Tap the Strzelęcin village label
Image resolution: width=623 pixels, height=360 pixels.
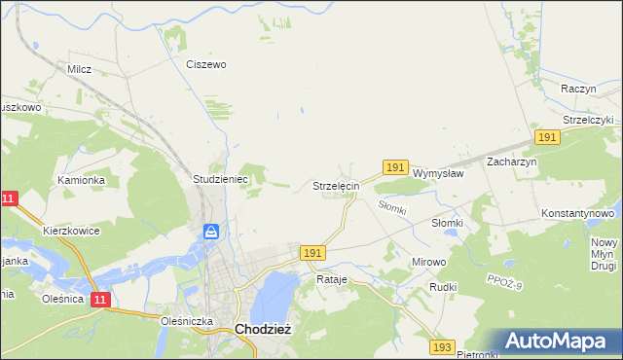tap(337, 185)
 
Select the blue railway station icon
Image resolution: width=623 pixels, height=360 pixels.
tap(211, 232)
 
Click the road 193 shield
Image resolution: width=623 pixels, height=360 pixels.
tap(443, 347)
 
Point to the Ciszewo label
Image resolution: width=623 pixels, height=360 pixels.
tap(206, 65)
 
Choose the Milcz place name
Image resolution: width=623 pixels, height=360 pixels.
tap(79, 70)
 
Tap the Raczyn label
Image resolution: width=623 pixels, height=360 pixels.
tap(578, 88)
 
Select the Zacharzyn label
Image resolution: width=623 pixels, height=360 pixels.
tap(512, 162)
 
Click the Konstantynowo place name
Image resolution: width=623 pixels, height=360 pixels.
tap(578, 212)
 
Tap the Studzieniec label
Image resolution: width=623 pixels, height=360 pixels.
tap(222, 180)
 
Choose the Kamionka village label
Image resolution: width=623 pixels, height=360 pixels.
tap(81, 180)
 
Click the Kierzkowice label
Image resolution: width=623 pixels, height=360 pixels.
tap(72, 232)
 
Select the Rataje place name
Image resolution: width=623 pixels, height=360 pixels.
tap(331, 279)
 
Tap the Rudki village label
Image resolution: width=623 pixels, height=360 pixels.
tap(443, 288)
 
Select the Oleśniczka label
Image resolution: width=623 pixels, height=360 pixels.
tap(186, 319)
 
